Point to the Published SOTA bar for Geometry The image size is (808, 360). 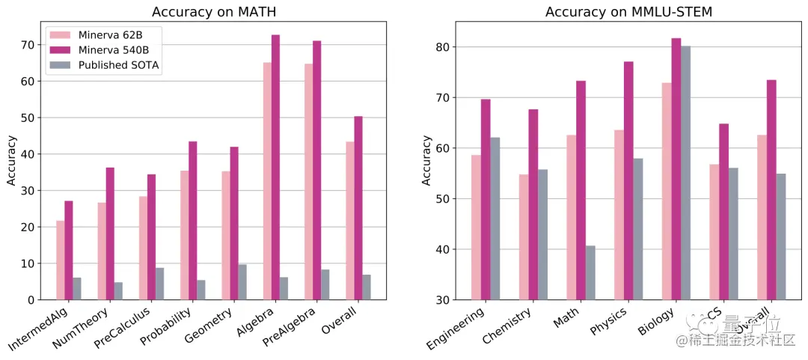coord(242,282)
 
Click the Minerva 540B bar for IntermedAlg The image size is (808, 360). coord(69,250)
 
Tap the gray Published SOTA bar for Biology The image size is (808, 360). coord(685,173)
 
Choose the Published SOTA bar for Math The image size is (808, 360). coord(590,272)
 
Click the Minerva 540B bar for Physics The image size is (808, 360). coord(628,180)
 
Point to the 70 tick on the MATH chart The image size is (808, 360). coord(27,45)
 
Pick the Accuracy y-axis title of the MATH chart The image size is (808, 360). coord(12,160)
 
